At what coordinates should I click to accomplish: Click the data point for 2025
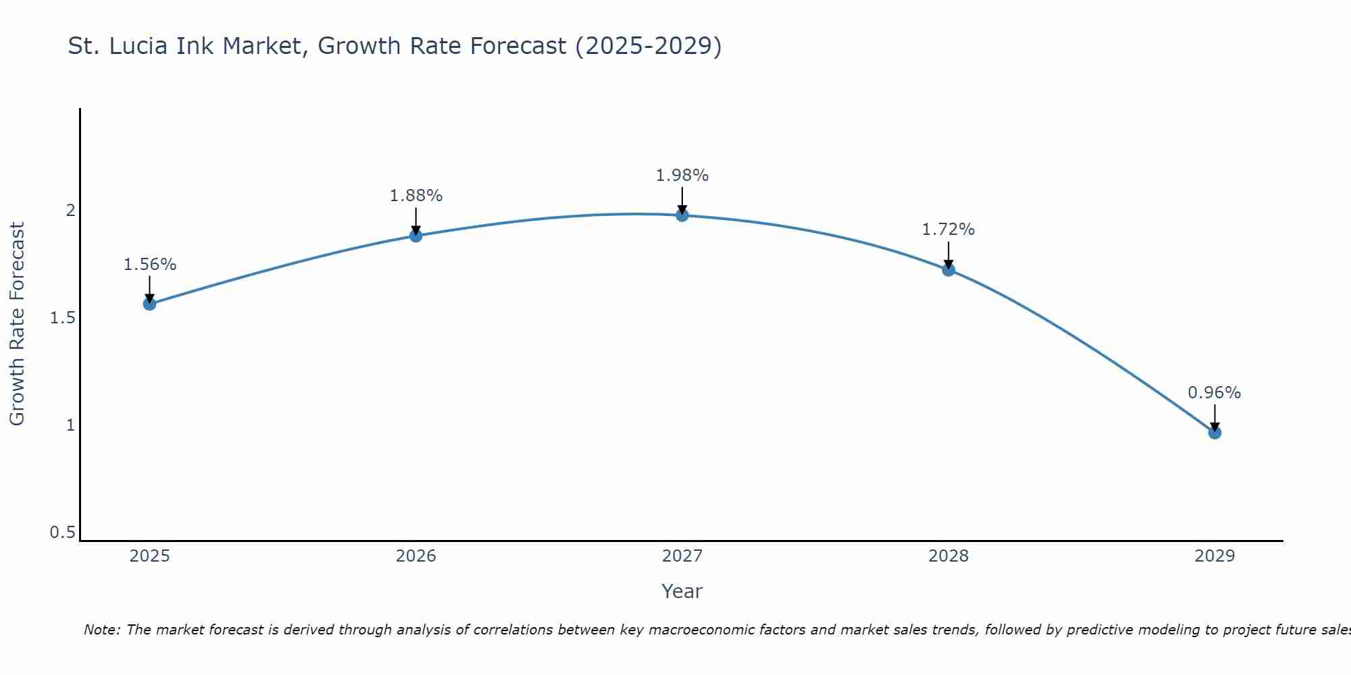pyautogui.click(x=149, y=304)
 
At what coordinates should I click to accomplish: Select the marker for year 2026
pyautogui.click(x=416, y=236)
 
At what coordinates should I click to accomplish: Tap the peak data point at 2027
pyautogui.click(x=682, y=215)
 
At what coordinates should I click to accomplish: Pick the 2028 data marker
pyautogui.click(x=948, y=270)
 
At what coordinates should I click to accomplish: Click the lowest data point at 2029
pyautogui.click(x=1215, y=433)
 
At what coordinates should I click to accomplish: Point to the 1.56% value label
pyautogui.click(x=149, y=265)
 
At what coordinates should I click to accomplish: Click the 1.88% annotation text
pyautogui.click(x=416, y=196)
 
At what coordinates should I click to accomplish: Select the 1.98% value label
pyautogui.click(x=682, y=175)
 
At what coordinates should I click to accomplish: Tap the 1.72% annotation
pyautogui.click(x=948, y=230)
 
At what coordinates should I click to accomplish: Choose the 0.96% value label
pyautogui.click(x=1214, y=393)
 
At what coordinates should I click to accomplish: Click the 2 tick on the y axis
pyautogui.click(x=70, y=211)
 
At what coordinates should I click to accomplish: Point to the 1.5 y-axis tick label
pyautogui.click(x=62, y=318)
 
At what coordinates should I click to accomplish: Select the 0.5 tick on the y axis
pyautogui.click(x=62, y=533)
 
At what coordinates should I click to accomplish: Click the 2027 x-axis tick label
pyautogui.click(x=682, y=556)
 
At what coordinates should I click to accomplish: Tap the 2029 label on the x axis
pyautogui.click(x=1215, y=556)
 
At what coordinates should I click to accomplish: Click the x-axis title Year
pyautogui.click(x=682, y=591)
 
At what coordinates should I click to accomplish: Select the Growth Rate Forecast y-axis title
pyautogui.click(x=18, y=324)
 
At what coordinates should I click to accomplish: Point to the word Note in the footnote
pyautogui.click(x=101, y=630)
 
